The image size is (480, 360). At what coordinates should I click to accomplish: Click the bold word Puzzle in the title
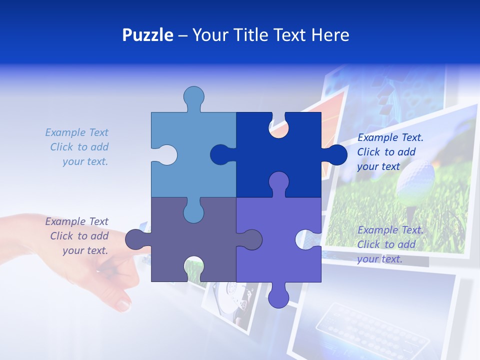pyautogui.click(x=147, y=35)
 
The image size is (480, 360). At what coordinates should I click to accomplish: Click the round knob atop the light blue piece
pyautogui.click(x=193, y=97)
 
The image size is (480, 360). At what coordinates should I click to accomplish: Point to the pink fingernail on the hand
pyautogui.click(x=122, y=303)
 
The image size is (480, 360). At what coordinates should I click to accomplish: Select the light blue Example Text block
pyautogui.click(x=77, y=147)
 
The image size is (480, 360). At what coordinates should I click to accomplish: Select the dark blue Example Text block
pyautogui.click(x=390, y=152)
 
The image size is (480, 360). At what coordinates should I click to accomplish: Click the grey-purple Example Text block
pyautogui.click(x=77, y=236)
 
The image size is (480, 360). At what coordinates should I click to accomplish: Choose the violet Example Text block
pyautogui.click(x=390, y=244)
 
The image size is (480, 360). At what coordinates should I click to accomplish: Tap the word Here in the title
pyautogui.click(x=330, y=35)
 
